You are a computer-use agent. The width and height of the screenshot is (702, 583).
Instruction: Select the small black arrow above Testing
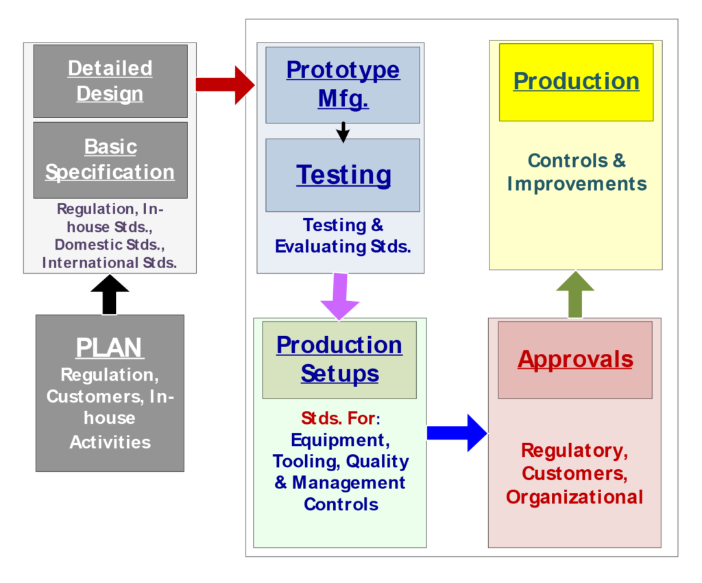[343, 132]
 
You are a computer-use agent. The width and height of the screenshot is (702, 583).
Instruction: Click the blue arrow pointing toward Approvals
[457, 433]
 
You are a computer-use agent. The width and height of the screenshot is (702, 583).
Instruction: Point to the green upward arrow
[574, 294]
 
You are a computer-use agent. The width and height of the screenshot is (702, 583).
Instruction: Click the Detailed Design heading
[110, 81]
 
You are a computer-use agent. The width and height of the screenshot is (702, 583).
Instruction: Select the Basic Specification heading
[110, 159]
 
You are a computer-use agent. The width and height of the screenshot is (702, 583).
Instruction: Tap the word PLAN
[110, 348]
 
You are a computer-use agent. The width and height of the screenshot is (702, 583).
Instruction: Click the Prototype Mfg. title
[343, 84]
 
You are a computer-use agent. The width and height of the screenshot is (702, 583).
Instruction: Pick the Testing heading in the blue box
[343, 174]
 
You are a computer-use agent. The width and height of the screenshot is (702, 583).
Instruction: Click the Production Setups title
[339, 359]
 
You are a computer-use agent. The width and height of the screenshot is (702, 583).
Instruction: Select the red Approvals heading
[575, 359]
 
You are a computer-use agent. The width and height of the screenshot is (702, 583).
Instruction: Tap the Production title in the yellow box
[576, 81]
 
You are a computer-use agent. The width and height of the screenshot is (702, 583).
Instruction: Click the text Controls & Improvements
[577, 172]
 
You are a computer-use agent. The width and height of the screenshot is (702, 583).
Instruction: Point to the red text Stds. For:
[340, 418]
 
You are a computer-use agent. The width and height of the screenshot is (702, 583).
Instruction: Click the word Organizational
[574, 497]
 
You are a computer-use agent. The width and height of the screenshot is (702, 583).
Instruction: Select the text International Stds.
[110, 262]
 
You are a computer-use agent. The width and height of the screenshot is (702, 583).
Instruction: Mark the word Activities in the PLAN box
[110, 442]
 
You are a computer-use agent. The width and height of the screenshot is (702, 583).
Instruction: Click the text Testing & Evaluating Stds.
[343, 235]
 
